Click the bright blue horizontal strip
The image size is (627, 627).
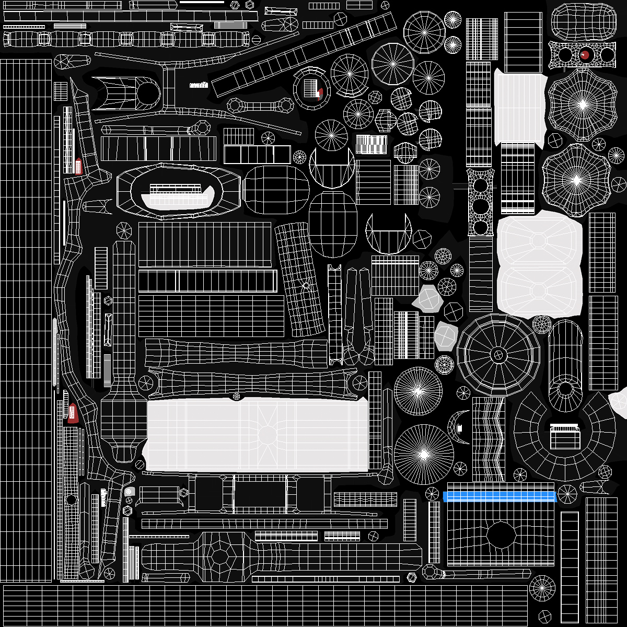pos(500,496)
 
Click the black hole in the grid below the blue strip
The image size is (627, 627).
pos(501,535)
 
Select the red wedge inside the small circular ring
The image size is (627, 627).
pos(320,94)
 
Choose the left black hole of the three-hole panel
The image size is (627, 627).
pos(565,54)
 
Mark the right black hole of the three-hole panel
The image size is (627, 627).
pos(607,54)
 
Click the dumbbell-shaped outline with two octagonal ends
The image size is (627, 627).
pos(260,106)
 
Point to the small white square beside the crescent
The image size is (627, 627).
pos(460,428)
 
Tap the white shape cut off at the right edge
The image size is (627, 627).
pos(620,402)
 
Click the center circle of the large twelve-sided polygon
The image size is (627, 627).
pos(498,355)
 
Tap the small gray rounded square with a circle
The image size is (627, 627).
pos(130,491)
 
